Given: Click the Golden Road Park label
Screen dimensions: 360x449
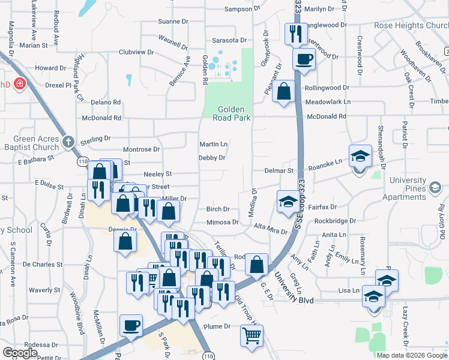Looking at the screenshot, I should coord(231,113).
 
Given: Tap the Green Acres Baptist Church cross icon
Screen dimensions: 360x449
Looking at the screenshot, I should coord(68,142).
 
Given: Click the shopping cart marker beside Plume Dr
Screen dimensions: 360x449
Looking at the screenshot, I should coord(252,335).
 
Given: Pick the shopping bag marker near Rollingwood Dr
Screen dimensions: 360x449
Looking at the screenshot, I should coord(283,92).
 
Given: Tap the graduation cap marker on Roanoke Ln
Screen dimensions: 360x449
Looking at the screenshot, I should coord(360,157).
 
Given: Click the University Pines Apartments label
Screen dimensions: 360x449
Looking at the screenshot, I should coord(415,188).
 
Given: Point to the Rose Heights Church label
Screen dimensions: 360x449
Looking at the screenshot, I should coord(411,26).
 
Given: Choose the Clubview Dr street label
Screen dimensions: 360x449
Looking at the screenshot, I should coord(136,52).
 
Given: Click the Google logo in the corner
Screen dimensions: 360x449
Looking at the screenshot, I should coord(20,353).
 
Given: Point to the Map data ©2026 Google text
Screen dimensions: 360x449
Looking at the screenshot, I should coord(411,355).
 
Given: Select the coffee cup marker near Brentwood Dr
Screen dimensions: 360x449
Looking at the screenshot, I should coord(304,59).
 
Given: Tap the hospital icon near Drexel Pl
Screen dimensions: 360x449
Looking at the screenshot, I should coord(20,83).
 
